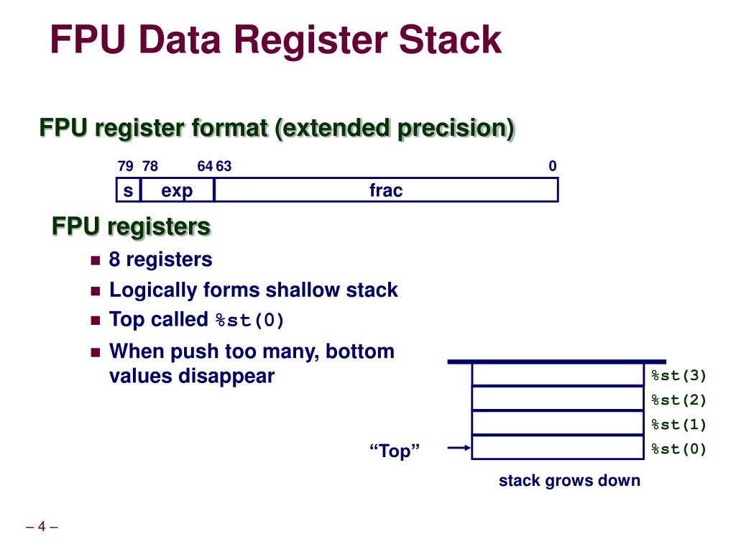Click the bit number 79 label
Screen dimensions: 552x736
pos(125,167)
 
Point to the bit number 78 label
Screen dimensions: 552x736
pos(150,167)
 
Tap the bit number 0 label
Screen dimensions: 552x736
pos(552,167)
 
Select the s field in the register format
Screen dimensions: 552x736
pos(128,190)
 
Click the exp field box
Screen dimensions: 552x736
pos(177,190)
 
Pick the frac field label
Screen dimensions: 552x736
pos(386,190)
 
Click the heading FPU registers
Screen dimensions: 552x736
pos(131,227)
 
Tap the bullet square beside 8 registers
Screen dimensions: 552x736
pos(95,260)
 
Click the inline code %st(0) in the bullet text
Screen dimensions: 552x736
pos(250,321)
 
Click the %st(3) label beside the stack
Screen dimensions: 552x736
pos(678,375)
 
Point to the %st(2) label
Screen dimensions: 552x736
pos(678,400)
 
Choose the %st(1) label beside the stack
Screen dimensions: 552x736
pos(678,424)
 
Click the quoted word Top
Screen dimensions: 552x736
pos(395,451)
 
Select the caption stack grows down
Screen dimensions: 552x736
pos(569,480)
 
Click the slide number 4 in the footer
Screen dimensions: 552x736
pos(42,527)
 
